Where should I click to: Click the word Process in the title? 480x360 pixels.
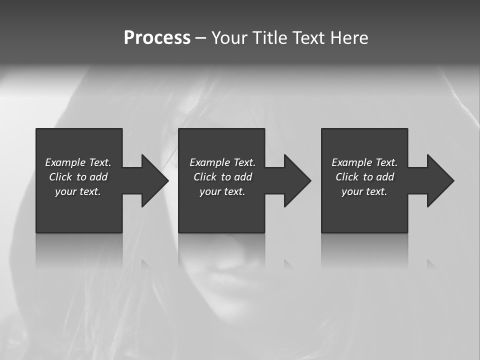(157, 38)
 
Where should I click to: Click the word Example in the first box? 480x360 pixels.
(65, 162)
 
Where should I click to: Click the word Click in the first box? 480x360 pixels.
(60, 177)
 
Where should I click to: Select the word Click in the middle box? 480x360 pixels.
(205, 177)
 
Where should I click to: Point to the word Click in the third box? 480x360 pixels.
(347, 177)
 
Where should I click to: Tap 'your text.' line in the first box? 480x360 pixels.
(78, 191)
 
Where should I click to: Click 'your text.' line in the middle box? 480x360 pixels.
(222, 191)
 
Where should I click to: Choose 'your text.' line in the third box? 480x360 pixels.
(364, 191)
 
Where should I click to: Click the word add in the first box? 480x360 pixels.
(98, 177)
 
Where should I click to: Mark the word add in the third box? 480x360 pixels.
(385, 177)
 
